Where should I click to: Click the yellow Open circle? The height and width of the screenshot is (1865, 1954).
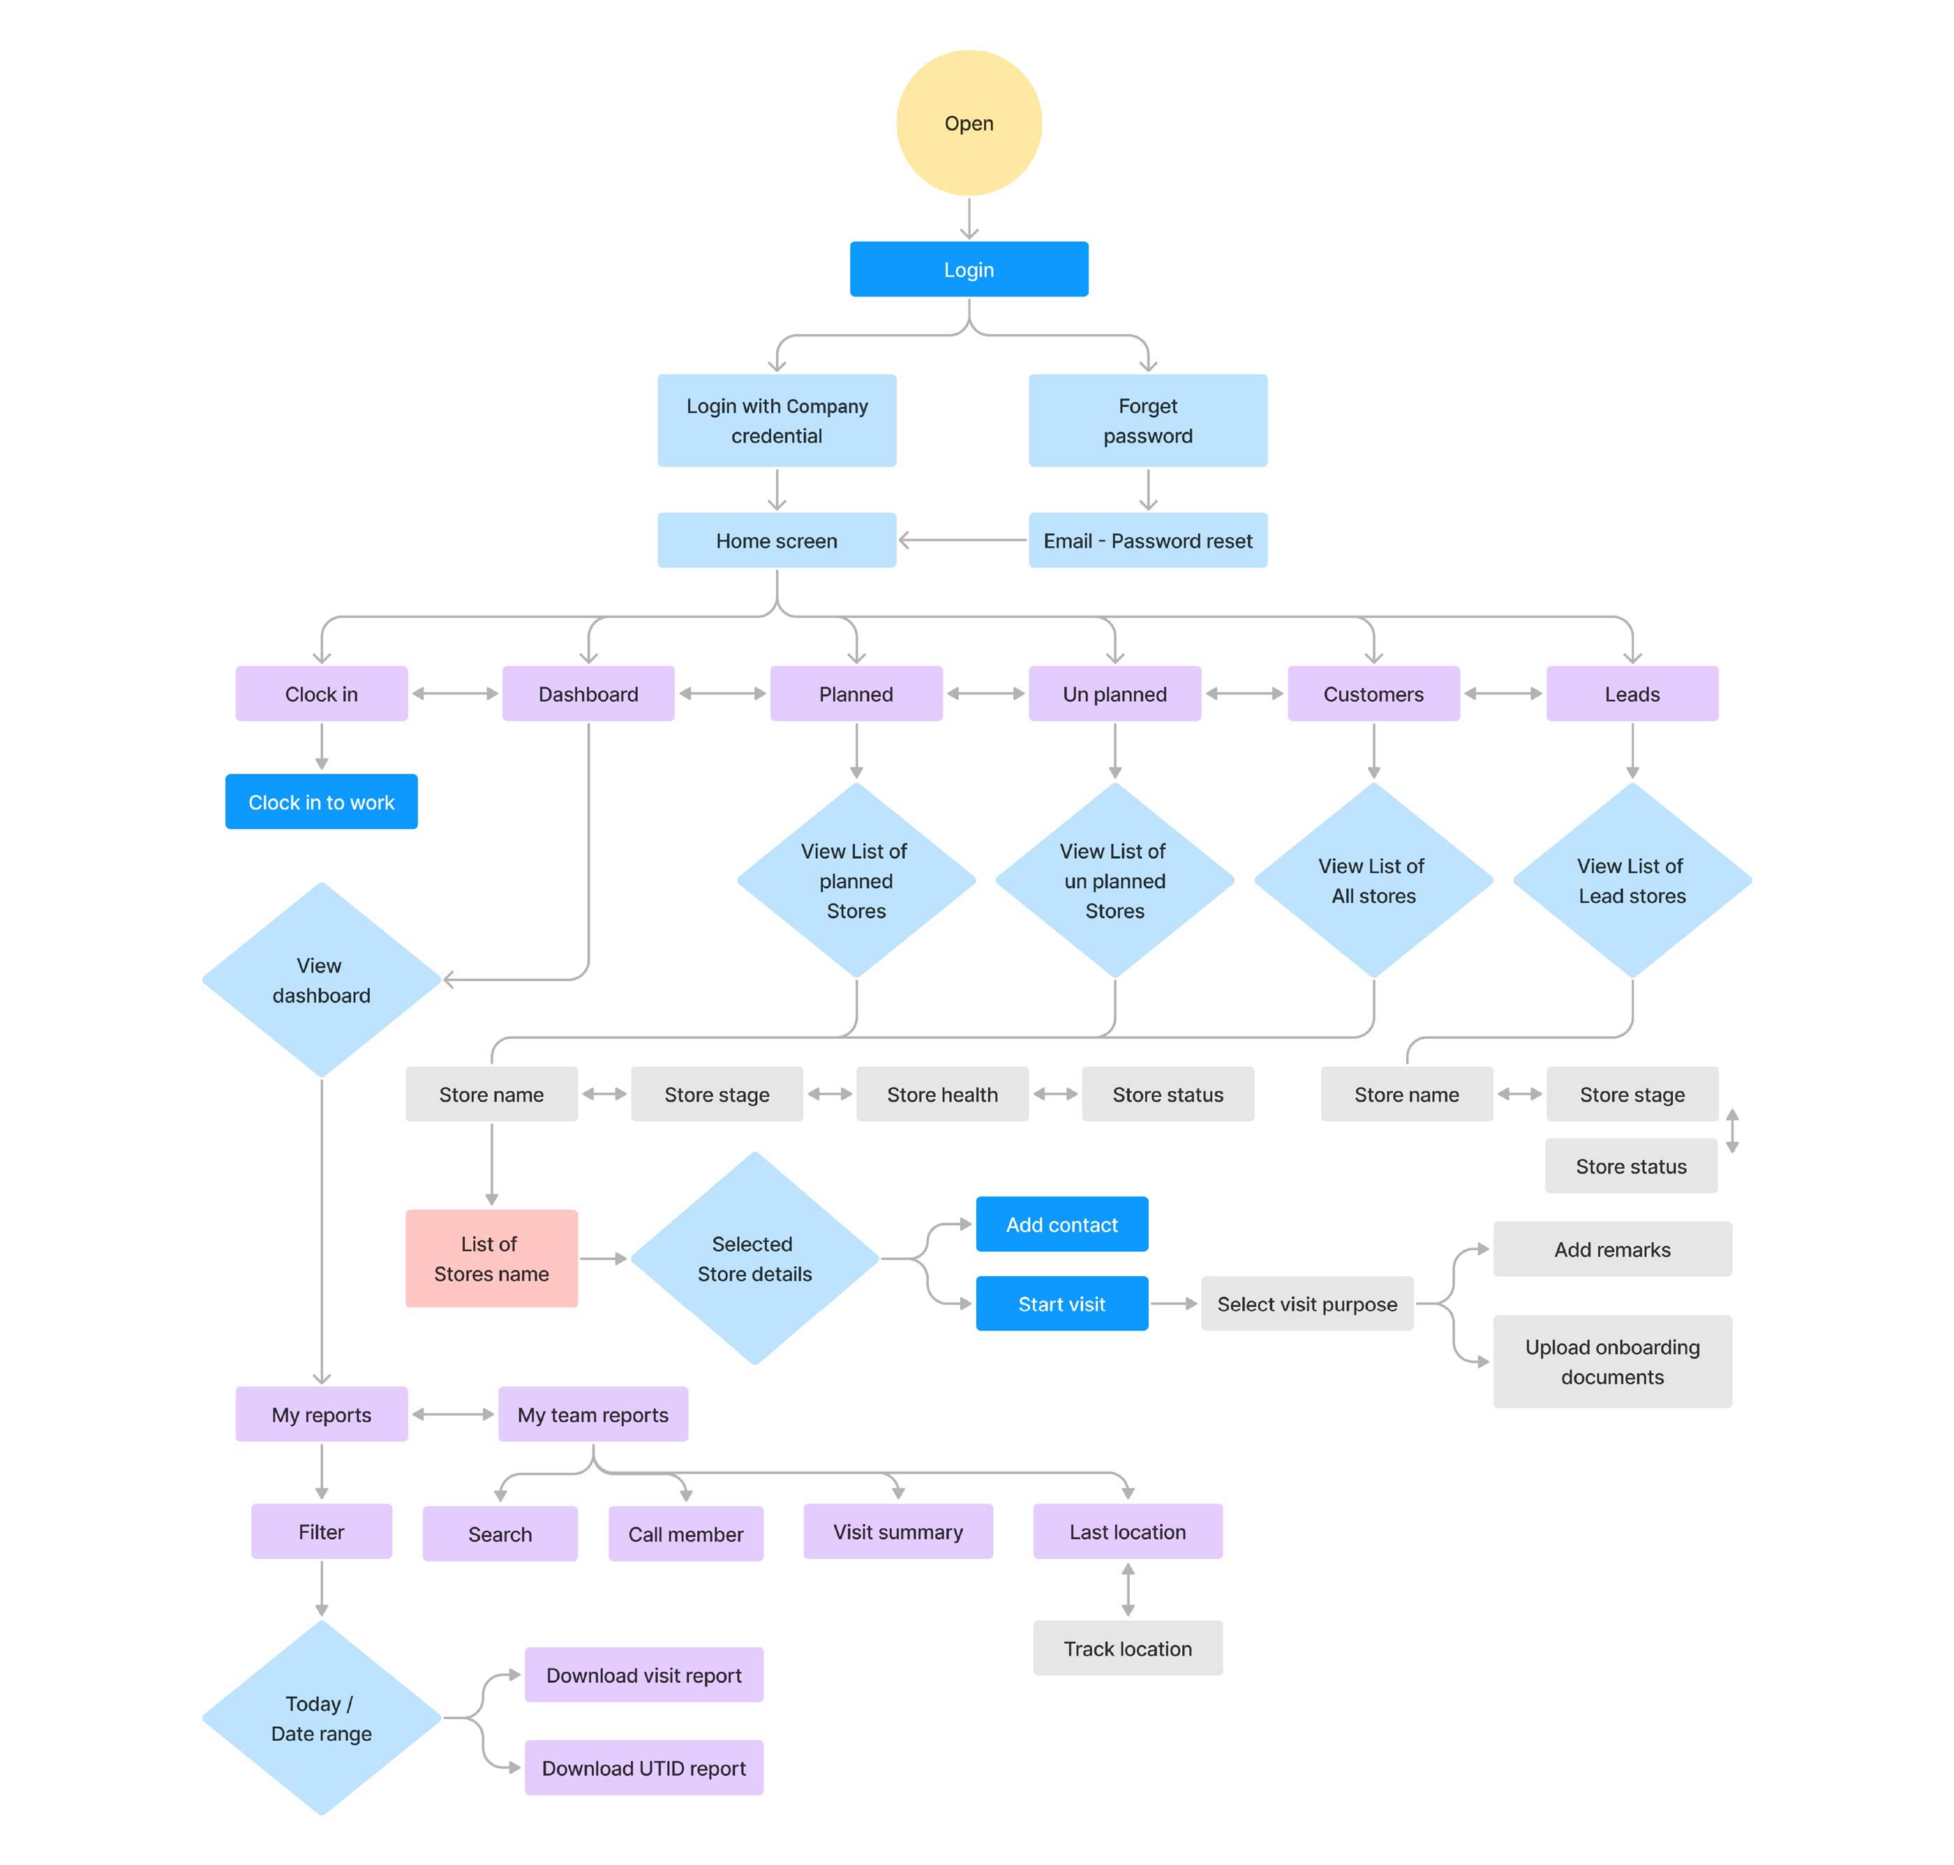click(x=969, y=123)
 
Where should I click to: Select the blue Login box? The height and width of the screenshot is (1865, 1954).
click(x=969, y=269)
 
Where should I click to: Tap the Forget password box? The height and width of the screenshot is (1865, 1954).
click(x=1147, y=421)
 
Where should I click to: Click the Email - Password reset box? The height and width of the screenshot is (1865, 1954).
click(x=1147, y=541)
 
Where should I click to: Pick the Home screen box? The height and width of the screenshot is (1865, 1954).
click(x=777, y=541)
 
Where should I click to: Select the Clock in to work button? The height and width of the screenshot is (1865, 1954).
click(x=321, y=802)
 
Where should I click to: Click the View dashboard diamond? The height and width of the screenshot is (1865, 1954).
click(x=321, y=980)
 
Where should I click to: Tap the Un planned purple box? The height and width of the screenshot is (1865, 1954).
click(x=1114, y=694)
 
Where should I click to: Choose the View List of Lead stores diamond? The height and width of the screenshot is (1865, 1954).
click(x=1632, y=881)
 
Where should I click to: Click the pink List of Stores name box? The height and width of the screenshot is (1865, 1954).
click(x=491, y=1259)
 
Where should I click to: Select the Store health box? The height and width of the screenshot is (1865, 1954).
click(x=941, y=1095)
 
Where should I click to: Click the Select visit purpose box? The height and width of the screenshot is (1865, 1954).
click(x=1306, y=1304)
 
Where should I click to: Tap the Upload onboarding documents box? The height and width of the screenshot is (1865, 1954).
click(x=1612, y=1362)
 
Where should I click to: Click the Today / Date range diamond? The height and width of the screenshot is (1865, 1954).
click(x=321, y=1719)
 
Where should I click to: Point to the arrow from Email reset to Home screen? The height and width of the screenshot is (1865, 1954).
click(x=962, y=541)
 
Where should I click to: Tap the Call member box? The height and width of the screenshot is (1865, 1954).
click(x=685, y=1534)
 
